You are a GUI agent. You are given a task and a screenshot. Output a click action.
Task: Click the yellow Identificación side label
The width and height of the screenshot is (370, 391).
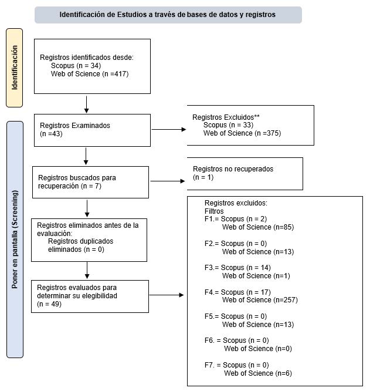15,68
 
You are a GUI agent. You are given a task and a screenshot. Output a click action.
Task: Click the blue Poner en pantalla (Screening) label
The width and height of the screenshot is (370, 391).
15,240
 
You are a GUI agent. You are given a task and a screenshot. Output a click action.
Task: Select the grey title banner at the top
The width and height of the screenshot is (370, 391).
168,15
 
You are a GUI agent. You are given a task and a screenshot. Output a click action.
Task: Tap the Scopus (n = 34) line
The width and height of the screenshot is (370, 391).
76,66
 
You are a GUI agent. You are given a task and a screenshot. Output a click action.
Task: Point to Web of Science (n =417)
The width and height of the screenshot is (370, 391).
90,74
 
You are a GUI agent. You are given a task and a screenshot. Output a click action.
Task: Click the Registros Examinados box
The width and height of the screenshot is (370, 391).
92,130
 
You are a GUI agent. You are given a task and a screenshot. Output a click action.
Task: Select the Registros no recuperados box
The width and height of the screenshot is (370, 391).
245,174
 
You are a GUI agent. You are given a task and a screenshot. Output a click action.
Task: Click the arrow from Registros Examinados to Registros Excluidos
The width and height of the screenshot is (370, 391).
169,129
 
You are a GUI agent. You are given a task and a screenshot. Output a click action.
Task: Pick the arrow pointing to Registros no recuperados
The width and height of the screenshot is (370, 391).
168,181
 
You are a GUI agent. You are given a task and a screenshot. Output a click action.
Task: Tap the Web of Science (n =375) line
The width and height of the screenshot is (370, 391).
242,133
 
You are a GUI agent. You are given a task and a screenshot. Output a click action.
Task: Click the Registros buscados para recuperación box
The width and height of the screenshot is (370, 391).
91,182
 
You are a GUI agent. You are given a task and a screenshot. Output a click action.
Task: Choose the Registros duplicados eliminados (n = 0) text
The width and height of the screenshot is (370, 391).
80,245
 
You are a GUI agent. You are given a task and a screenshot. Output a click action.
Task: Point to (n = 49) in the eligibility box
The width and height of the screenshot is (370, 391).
49,304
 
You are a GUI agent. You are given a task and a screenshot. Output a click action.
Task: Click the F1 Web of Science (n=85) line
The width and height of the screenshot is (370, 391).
258,227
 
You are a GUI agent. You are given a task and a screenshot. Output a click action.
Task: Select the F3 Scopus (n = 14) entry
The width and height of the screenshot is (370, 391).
237,268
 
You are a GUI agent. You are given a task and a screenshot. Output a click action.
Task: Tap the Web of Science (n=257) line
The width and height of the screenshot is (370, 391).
260,300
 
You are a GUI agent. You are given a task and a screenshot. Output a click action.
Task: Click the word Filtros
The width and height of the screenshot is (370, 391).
214,211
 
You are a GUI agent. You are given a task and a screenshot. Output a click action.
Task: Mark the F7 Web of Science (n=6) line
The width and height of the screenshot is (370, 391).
258,373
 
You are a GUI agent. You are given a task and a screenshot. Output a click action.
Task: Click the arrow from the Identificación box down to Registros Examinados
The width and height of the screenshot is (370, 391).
86,105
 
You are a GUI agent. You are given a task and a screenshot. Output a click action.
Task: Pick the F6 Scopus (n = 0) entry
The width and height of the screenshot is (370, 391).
236,341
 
